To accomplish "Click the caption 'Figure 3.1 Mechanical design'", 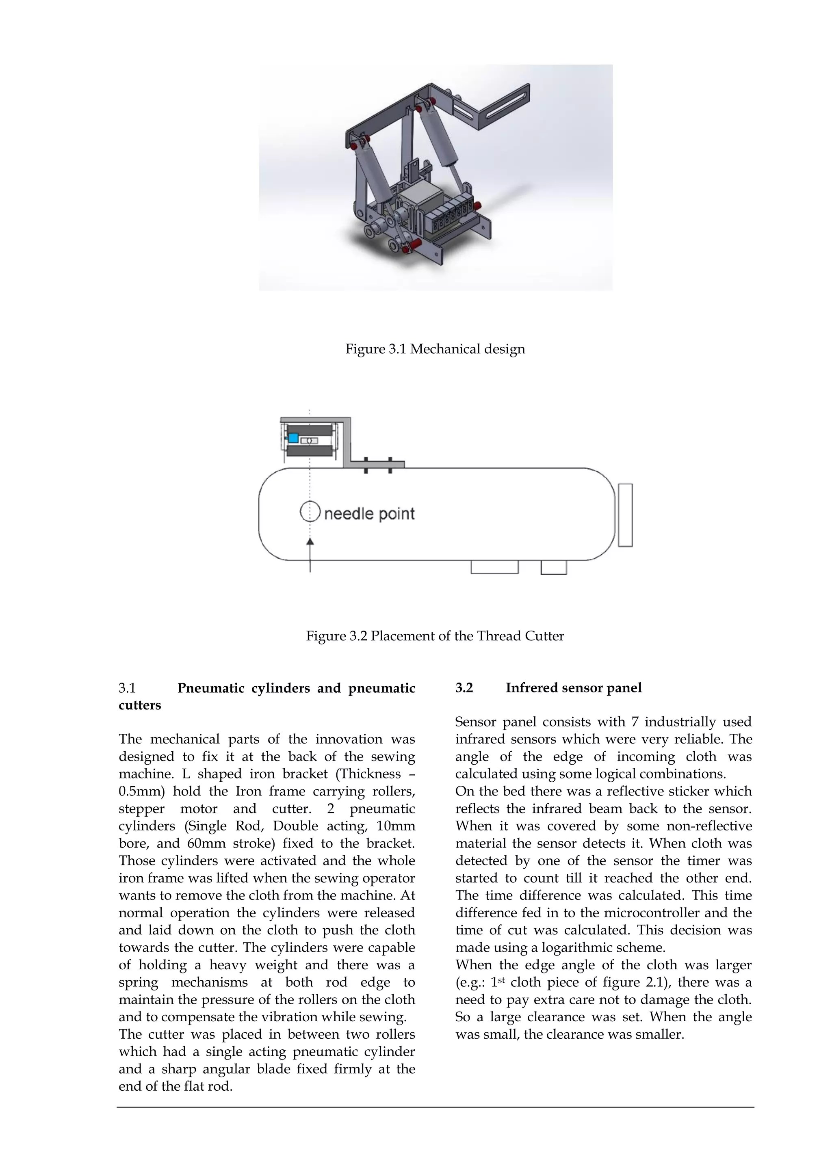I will tap(435, 349).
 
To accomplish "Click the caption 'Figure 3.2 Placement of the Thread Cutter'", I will tap(435, 636).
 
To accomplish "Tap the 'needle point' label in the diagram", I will tap(369, 514).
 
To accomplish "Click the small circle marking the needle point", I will tap(310, 512).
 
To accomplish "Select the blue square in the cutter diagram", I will tap(293, 438).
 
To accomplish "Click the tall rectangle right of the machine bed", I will tap(625, 515).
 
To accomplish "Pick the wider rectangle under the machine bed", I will tap(494, 567).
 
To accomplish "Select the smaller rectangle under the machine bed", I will tap(554, 567).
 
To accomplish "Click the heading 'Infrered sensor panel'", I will tap(573, 688).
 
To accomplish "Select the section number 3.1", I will tap(127, 688).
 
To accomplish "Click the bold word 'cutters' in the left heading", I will tap(139, 705).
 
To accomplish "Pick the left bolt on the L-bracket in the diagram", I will tap(366, 465).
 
